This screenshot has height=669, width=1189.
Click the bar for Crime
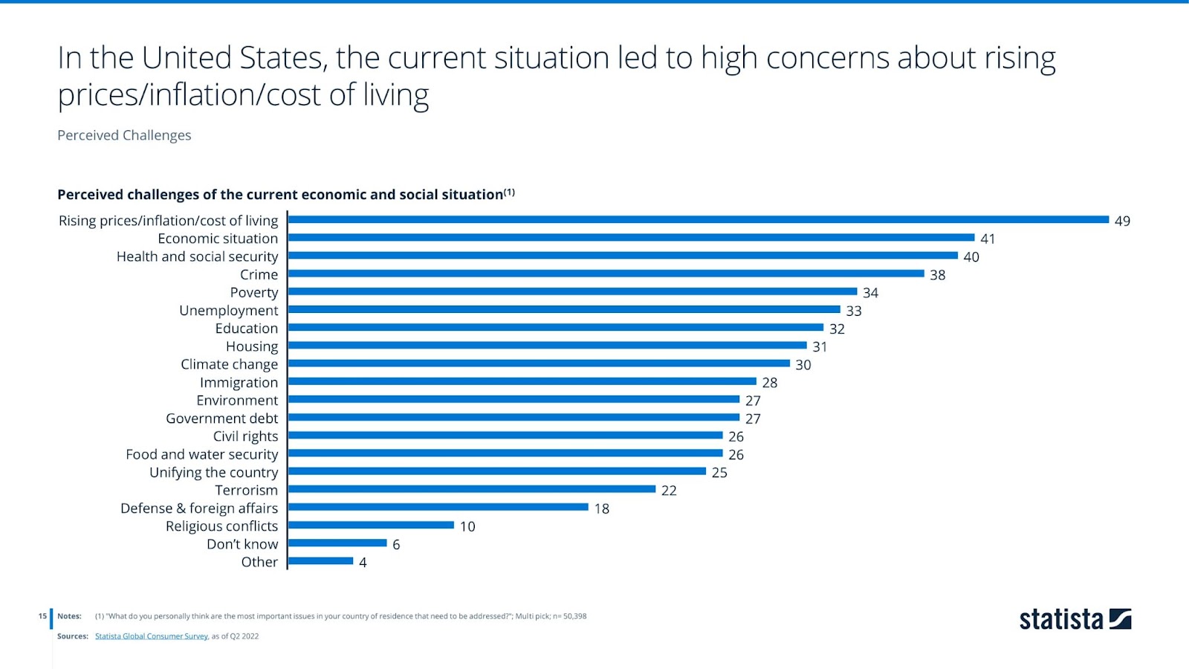[x=606, y=274]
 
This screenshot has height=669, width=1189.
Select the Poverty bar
[x=572, y=291]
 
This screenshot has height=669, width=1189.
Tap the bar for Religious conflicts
[x=371, y=525]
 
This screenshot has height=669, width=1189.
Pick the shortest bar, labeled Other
[x=320, y=561]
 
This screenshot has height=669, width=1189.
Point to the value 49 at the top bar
[x=1122, y=221]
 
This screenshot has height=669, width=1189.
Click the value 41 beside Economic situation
[x=988, y=239]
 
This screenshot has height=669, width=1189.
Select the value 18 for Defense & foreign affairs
[x=602, y=508]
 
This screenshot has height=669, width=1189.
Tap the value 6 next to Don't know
[x=396, y=545]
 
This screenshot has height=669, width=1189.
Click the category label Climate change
[x=229, y=364]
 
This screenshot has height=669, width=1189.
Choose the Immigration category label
[x=239, y=382]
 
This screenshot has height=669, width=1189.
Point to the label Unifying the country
[x=213, y=472]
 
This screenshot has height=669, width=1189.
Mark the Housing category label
[x=252, y=346]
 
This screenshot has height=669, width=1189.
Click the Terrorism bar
[x=472, y=489]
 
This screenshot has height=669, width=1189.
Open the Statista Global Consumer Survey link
[x=152, y=636]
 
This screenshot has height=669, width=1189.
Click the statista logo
[x=1075, y=619]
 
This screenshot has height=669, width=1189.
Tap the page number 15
[x=42, y=616]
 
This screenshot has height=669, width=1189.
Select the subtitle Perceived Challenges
[x=124, y=135]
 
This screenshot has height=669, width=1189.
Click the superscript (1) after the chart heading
[x=509, y=193]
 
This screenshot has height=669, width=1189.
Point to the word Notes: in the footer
[x=69, y=616]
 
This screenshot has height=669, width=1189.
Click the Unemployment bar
[x=564, y=309]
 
